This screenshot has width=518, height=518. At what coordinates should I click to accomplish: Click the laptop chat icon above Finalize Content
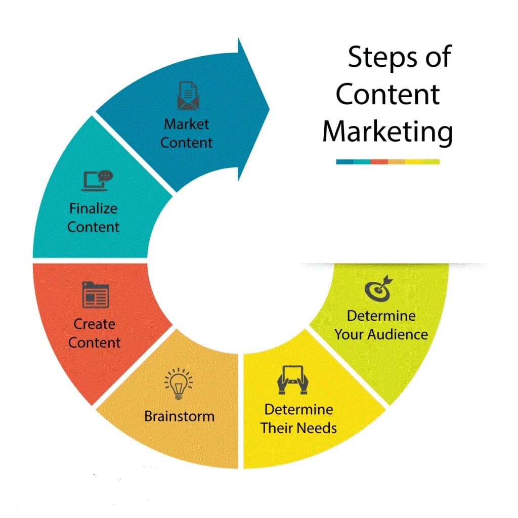(x=97, y=181)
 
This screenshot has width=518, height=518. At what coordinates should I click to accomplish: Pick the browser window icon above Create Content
(x=96, y=295)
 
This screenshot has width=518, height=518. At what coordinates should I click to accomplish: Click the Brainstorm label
(x=179, y=416)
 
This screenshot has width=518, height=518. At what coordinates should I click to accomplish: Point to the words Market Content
(x=186, y=133)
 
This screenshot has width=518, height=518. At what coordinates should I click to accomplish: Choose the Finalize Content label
(x=94, y=218)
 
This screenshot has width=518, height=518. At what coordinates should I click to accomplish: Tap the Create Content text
(x=95, y=333)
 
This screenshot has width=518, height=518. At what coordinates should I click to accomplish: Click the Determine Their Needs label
(x=298, y=418)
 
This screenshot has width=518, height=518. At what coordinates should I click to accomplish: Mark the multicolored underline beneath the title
(x=387, y=162)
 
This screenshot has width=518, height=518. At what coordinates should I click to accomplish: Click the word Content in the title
(x=388, y=94)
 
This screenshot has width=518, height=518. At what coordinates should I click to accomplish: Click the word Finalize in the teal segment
(x=93, y=208)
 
